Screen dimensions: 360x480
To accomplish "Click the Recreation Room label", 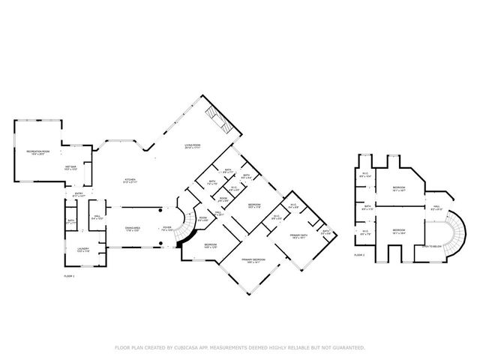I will tap(37, 153).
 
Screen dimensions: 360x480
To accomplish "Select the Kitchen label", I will tap(130, 180).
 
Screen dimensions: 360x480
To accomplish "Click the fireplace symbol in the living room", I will tap(217, 116).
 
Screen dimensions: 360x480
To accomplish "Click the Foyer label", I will tap(167, 228).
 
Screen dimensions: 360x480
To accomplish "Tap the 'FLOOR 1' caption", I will tap(70, 276).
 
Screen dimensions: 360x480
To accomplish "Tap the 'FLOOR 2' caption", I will tap(359, 255).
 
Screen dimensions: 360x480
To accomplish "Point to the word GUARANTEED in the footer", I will tap(347, 347).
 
